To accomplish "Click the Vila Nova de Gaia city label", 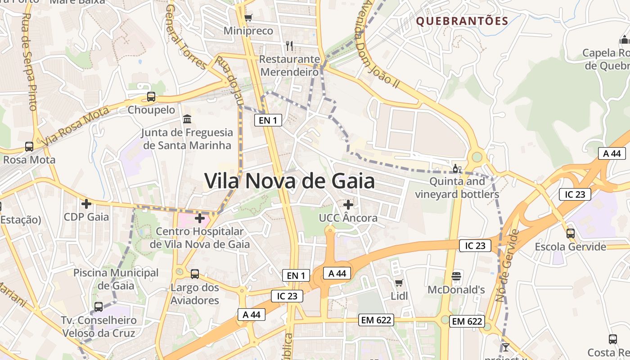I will [289, 181].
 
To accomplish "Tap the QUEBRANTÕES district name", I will [462, 21].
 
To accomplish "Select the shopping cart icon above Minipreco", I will [248, 18].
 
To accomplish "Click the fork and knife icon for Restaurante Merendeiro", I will [289, 45].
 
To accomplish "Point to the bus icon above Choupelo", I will [151, 96].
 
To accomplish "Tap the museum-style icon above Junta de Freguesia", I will [187, 119].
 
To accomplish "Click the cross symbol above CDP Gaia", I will [86, 203].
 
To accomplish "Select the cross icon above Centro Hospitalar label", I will [200, 218].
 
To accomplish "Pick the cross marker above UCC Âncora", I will [348, 205].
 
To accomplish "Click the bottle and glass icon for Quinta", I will [457, 169].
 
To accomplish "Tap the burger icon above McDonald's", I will [456, 276].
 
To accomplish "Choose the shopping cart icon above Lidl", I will [399, 283].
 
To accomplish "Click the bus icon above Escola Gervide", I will [570, 233].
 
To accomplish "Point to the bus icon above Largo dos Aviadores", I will [195, 274].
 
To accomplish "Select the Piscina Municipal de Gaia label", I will [116, 279].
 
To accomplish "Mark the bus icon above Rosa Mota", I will [29, 146].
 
